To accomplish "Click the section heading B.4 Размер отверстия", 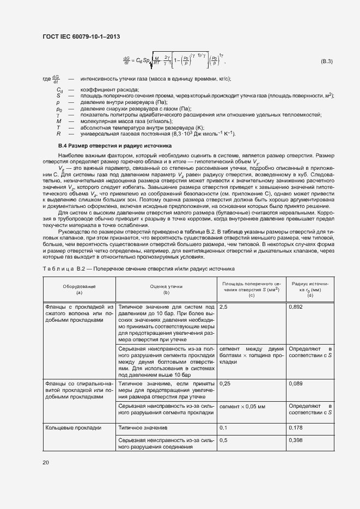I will coord(107,146).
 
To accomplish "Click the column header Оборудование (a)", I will coord(79,289).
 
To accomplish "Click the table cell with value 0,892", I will coord(296,308).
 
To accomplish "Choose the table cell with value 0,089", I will coord(296,384).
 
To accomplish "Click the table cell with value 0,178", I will coord(296,428).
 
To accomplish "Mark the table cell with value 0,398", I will coord(296,440).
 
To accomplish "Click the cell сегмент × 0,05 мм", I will coord(242,406).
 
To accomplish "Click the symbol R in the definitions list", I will coord(58,133).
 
